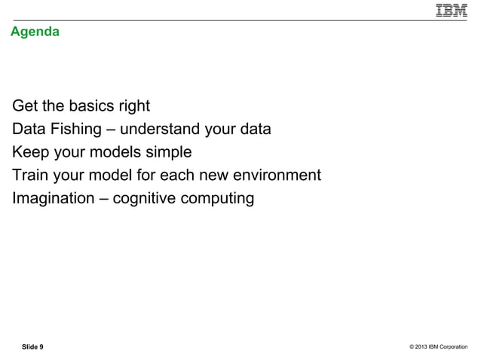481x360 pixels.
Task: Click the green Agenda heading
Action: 35,32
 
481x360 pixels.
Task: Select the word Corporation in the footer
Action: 455,346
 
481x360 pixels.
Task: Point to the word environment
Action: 275,175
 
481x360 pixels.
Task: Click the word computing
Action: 219,199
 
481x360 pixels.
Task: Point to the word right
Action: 134,105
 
